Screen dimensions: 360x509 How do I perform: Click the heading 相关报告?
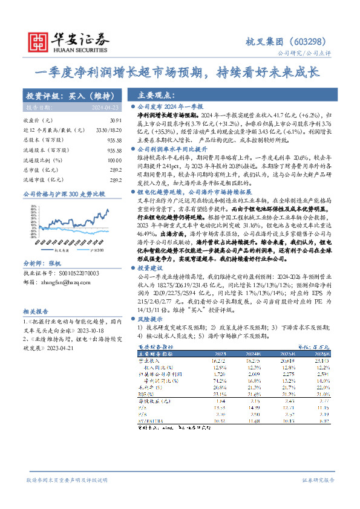tap(36, 311)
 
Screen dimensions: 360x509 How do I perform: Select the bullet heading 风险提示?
tap(151, 317)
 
